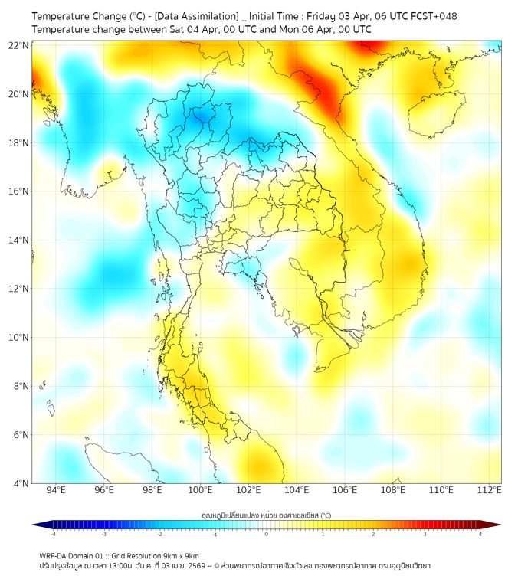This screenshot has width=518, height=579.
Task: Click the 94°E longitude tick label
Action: [56, 490]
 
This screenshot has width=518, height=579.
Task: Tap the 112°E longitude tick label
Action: [490, 490]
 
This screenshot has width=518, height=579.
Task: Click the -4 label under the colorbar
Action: [53, 534]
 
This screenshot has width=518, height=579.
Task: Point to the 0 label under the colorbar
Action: [267, 534]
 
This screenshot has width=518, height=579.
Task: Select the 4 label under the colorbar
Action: [480, 534]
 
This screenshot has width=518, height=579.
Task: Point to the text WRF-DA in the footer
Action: [54, 555]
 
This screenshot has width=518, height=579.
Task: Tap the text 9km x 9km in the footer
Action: [178, 555]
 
